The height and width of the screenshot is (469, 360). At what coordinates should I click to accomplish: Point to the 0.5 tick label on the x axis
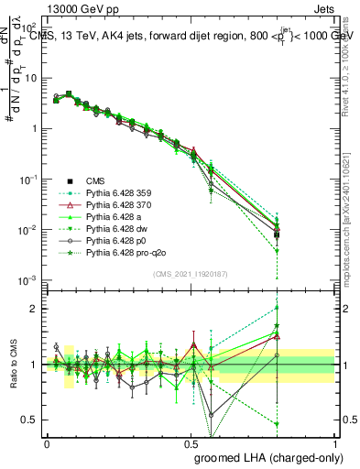coord(191,442)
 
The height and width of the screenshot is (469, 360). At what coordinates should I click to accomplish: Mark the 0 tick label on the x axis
coord(47,442)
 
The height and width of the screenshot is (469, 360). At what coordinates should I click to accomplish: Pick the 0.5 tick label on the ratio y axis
coord(30,420)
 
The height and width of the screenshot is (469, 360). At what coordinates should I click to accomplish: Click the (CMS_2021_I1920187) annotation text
coord(191,273)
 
